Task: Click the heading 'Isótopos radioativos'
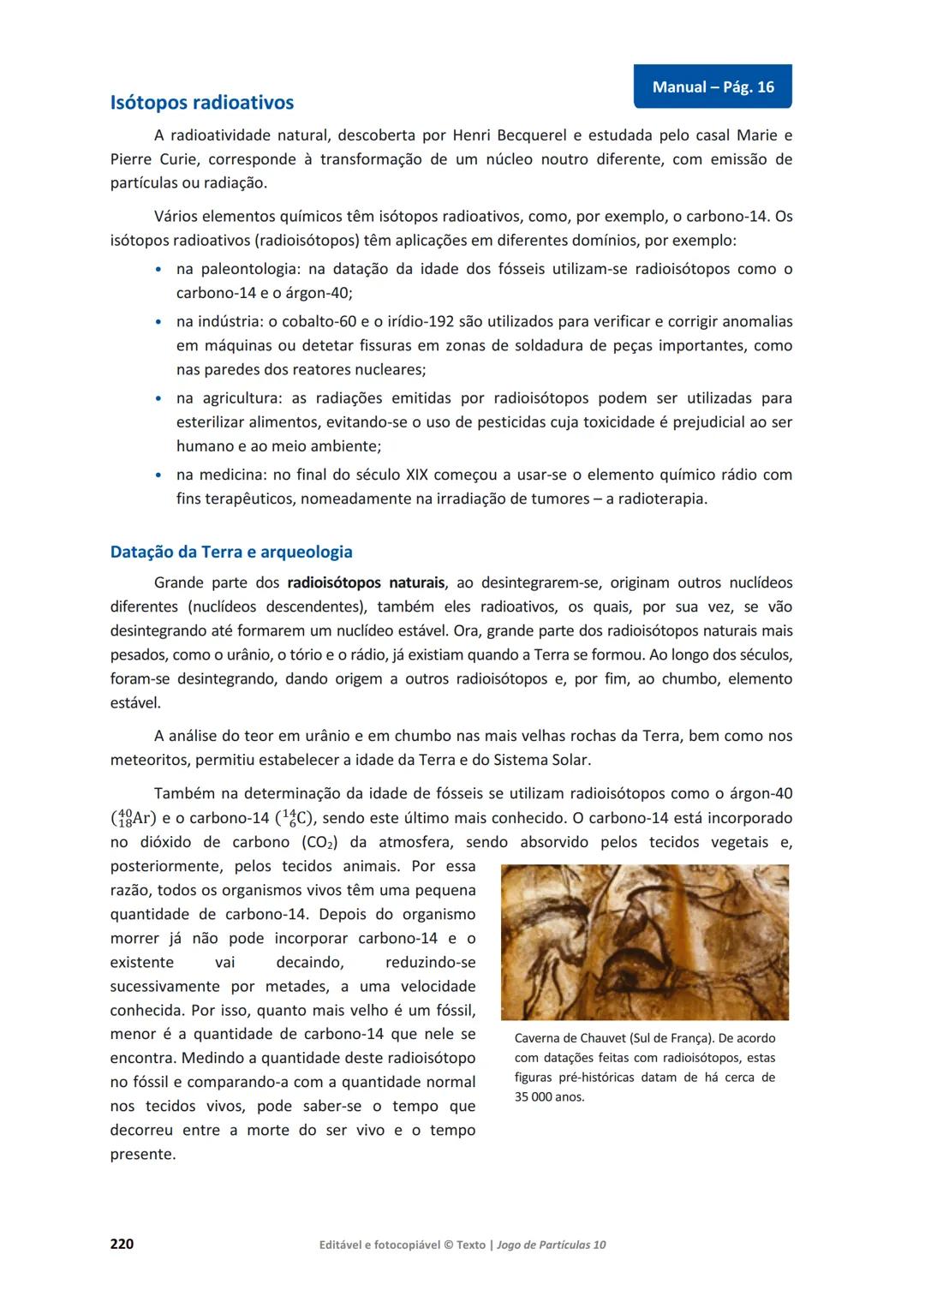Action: click(x=202, y=103)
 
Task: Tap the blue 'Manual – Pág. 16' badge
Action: click(x=713, y=87)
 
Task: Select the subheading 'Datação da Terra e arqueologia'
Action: click(x=231, y=552)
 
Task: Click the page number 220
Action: click(x=122, y=1243)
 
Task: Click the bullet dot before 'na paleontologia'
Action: click(x=158, y=270)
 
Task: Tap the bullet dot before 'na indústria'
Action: click(x=158, y=322)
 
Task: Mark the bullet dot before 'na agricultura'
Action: click(x=158, y=399)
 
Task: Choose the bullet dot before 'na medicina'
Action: click(x=158, y=475)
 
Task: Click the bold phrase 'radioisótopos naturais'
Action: click(x=366, y=582)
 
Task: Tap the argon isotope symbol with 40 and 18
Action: click(x=134, y=818)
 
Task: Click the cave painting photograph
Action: click(x=644, y=941)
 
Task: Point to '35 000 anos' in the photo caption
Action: click(x=549, y=1097)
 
